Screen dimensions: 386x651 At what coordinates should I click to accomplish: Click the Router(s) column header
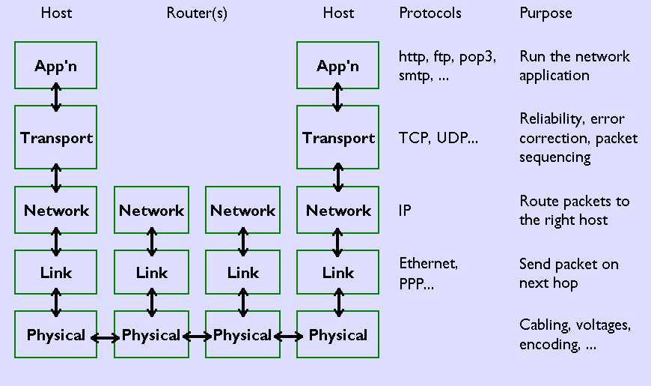click(x=197, y=13)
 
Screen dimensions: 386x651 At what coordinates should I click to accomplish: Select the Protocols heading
click(x=430, y=13)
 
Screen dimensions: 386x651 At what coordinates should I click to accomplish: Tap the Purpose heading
click(x=545, y=13)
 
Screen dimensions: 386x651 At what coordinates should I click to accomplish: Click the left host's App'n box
click(x=56, y=65)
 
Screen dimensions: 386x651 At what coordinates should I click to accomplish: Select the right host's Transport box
click(x=338, y=137)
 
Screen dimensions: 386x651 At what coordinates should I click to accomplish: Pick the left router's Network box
click(x=152, y=211)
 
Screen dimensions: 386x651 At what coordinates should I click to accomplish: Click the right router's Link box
click(x=243, y=273)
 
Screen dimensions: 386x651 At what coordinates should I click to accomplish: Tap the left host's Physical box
click(x=56, y=335)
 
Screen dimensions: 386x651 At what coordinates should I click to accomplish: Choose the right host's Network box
click(x=338, y=211)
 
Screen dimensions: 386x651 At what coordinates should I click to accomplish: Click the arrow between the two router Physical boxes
click(x=198, y=337)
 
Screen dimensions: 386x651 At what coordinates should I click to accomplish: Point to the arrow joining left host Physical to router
click(x=106, y=338)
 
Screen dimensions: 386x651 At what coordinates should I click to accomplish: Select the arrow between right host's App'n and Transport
click(x=338, y=97)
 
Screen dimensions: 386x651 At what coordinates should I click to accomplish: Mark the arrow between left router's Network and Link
click(x=152, y=241)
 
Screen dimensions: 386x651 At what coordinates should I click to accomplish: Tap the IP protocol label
click(x=405, y=211)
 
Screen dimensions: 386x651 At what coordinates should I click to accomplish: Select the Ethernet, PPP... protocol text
click(x=428, y=273)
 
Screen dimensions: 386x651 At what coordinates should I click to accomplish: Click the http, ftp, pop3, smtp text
click(x=447, y=66)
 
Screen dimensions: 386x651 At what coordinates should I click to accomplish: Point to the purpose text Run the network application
click(x=574, y=66)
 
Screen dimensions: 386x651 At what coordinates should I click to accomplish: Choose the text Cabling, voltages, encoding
click(x=575, y=335)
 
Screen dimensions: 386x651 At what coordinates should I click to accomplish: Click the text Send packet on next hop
click(x=569, y=273)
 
